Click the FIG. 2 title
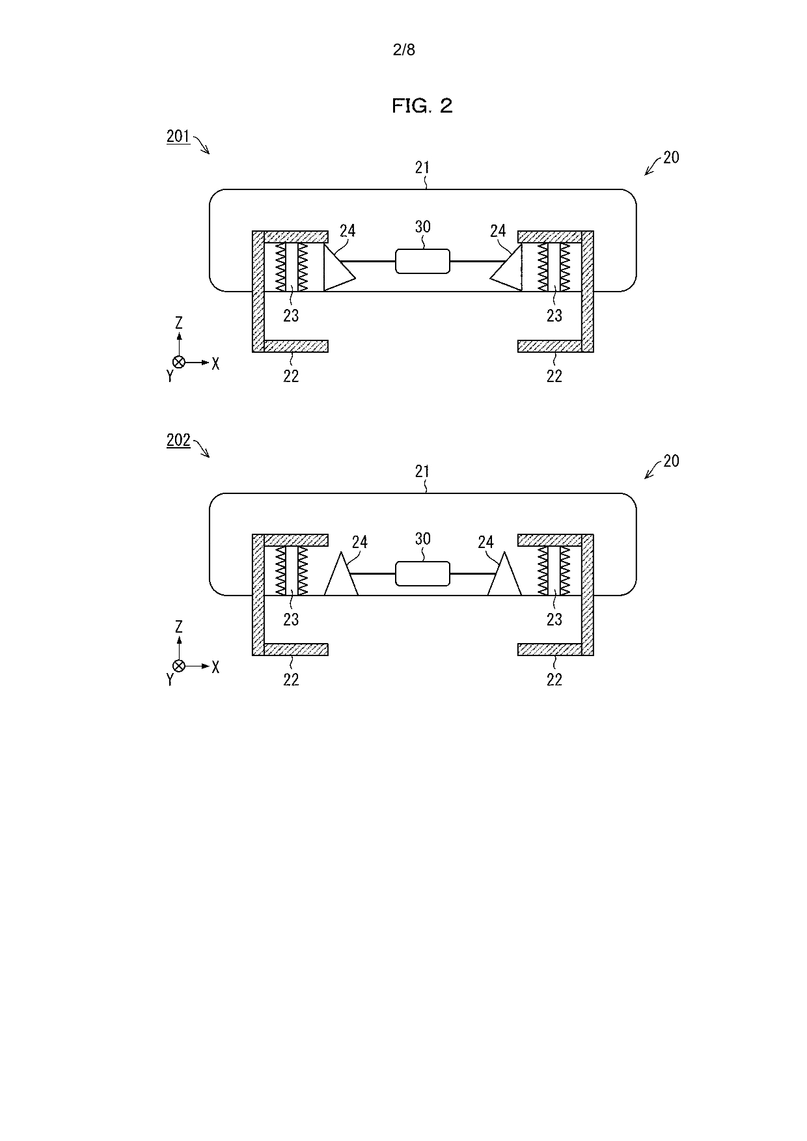click(422, 105)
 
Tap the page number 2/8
click(404, 49)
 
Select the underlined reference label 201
click(178, 136)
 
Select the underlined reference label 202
click(178, 440)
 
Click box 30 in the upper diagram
click(422, 261)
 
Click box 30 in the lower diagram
click(422, 573)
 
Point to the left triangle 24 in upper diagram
click(338, 268)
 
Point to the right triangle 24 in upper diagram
click(507, 268)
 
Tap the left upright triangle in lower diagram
click(341, 573)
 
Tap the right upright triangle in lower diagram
click(504, 573)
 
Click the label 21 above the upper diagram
click(422, 167)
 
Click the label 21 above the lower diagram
click(422, 471)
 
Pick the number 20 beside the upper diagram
click(671, 158)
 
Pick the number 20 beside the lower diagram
click(671, 461)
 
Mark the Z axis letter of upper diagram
click(179, 323)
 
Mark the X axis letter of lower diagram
click(215, 667)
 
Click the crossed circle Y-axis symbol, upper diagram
click(179, 363)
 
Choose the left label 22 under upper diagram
click(291, 376)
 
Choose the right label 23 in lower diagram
click(554, 619)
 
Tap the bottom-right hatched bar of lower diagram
click(550, 649)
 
